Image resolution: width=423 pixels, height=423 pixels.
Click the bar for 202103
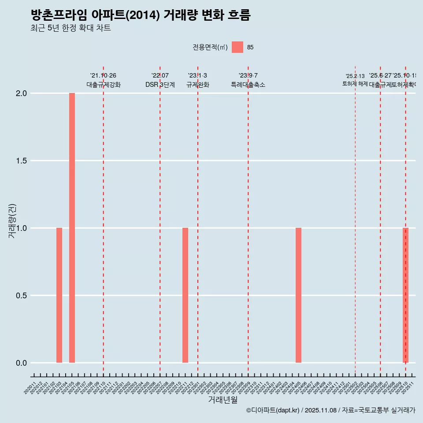click(x=59, y=295)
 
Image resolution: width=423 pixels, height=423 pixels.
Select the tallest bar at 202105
click(x=72, y=228)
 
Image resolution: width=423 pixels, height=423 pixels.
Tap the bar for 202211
click(x=185, y=295)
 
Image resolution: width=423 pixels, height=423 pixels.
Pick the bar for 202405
click(x=298, y=295)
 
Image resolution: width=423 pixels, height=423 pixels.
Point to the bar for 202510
click(x=405, y=295)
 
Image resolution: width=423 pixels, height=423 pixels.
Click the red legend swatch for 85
click(x=237, y=47)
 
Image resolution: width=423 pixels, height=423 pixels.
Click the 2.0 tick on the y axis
click(x=22, y=93)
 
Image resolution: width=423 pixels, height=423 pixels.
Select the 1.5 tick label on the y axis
click(x=22, y=161)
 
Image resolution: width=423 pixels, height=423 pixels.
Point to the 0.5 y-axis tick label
click(x=22, y=296)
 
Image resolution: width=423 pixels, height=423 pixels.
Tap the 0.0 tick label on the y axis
click(x=22, y=363)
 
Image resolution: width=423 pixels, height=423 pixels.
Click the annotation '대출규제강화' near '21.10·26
click(x=103, y=85)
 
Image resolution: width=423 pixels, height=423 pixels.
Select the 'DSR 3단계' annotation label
click(x=160, y=85)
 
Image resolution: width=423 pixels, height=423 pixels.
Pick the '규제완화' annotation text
click(x=197, y=85)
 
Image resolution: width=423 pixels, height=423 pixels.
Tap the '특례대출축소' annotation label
click(x=248, y=85)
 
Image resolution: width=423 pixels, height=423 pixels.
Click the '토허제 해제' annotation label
click(x=355, y=84)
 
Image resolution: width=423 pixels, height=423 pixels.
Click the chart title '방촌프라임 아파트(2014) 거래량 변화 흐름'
click(x=141, y=15)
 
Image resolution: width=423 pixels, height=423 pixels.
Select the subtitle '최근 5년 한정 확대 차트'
click(x=70, y=28)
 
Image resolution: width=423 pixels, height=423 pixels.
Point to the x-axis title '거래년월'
click(x=223, y=400)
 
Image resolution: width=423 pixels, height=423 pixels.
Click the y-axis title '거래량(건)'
click(x=12, y=221)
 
